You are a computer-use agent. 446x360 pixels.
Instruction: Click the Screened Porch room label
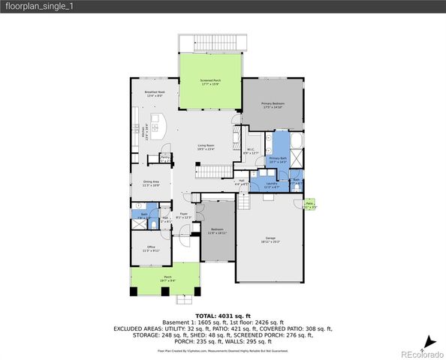coord(210,82)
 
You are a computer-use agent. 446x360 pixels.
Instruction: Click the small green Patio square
coord(310,204)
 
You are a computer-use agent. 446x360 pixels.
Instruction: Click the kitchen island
coord(158,125)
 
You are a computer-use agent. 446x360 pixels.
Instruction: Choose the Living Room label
coord(206,147)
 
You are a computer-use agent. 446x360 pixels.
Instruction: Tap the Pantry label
coord(165,158)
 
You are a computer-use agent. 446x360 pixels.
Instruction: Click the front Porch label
coord(167,278)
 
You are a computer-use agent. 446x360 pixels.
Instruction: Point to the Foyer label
coord(184,216)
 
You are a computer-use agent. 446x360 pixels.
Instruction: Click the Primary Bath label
coord(278,160)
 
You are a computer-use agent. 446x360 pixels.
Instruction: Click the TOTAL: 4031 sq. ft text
coord(222,316)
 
